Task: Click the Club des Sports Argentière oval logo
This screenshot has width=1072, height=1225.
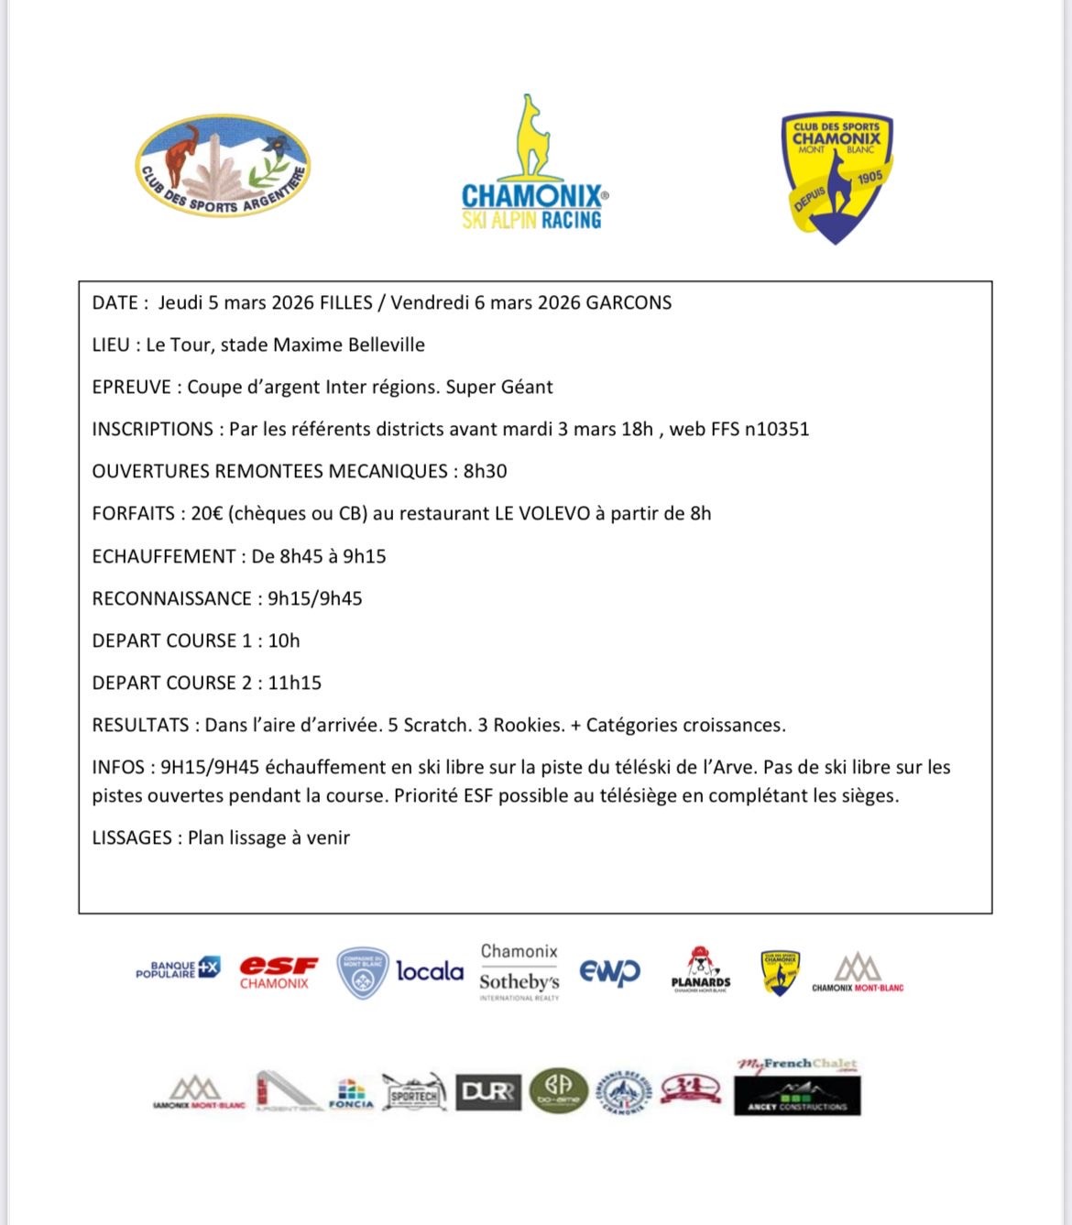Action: (x=223, y=165)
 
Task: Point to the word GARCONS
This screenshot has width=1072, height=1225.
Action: (x=629, y=302)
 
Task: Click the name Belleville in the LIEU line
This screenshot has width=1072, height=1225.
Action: (x=383, y=345)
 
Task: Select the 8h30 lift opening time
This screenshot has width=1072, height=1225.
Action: (x=485, y=471)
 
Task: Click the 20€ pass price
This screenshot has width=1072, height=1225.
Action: (x=206, y=513)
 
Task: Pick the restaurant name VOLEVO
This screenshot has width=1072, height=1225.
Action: (x=555, y=513)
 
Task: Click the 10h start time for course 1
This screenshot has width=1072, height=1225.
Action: (x=284, y=640)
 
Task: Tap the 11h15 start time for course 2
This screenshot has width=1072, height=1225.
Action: (x=294, y=683)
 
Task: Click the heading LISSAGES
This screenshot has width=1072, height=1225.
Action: (x=132, y=837)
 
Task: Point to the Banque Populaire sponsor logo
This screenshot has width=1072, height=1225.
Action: (x=178, y=969)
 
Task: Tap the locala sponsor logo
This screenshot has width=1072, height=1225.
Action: (x=430, y=971)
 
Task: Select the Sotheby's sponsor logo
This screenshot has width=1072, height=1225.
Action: (x=519, y=981)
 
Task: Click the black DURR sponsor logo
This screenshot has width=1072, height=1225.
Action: (x=487, y=1092)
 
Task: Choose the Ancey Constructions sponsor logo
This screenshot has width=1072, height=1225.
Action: (x=797, y=1096)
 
